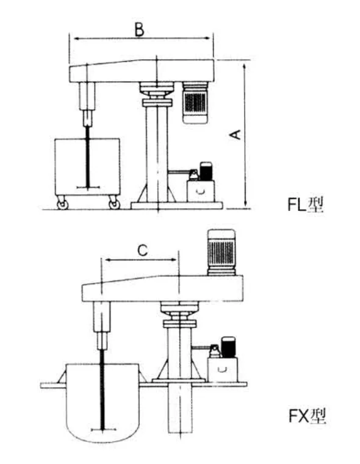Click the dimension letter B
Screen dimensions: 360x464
coord(139,30)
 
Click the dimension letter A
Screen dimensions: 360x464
coord(236,135)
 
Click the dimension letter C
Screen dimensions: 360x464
coord(143,251)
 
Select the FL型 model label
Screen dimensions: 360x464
coord(306,204)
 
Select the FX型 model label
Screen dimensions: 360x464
coord(307,416)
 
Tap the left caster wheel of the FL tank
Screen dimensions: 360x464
coord(62,204)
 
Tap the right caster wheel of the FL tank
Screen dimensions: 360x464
coord(114,204)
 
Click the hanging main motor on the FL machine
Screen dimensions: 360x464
coord(195,102)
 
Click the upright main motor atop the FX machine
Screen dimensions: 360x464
coord(221,252)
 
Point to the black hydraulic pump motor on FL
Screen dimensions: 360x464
coord(206,171)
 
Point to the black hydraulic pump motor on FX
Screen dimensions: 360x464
coord(228,347)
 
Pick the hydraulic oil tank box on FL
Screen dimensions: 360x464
coord(201,191)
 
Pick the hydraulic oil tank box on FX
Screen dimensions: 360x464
coord(222,369)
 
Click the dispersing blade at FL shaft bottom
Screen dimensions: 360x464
coord(88,187)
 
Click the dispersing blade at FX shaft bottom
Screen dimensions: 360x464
coord(103,429)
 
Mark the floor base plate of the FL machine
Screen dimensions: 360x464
coord(177,205)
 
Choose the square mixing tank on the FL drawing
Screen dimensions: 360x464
coord(87,166)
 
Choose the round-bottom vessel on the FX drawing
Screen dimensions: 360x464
coord(102,403)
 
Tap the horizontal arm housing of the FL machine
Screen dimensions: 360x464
coord(142,71)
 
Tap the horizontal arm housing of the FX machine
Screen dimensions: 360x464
coord(162,288)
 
